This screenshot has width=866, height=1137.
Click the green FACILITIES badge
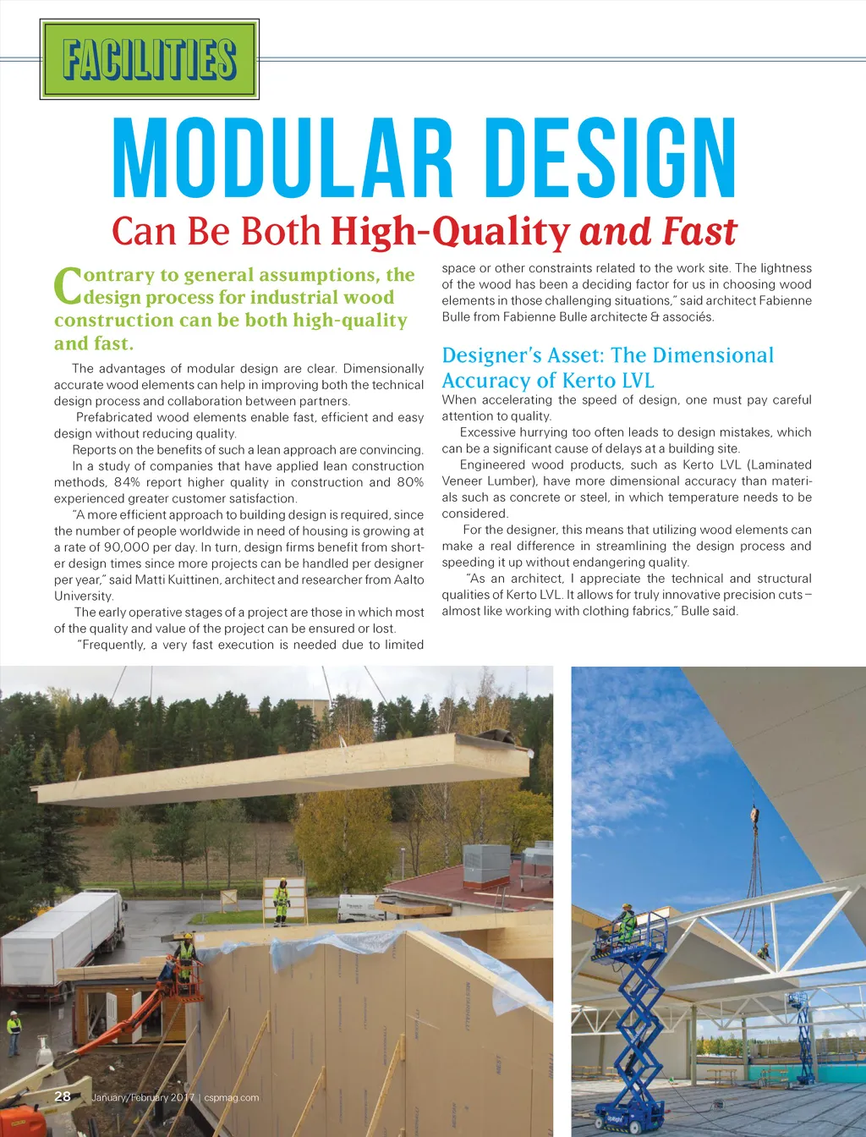point(149,59)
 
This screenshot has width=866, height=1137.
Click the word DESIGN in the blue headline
point(610,158)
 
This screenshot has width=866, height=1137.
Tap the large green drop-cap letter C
point(67,287)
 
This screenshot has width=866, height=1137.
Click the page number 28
point(63,1096)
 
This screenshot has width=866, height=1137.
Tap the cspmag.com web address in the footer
point(232,1097)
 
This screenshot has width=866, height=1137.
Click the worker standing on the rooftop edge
point(281,902)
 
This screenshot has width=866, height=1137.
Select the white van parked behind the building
point(359,908)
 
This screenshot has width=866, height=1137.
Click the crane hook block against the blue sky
point(754,817)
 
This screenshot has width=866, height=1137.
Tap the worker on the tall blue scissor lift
point(626,924)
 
